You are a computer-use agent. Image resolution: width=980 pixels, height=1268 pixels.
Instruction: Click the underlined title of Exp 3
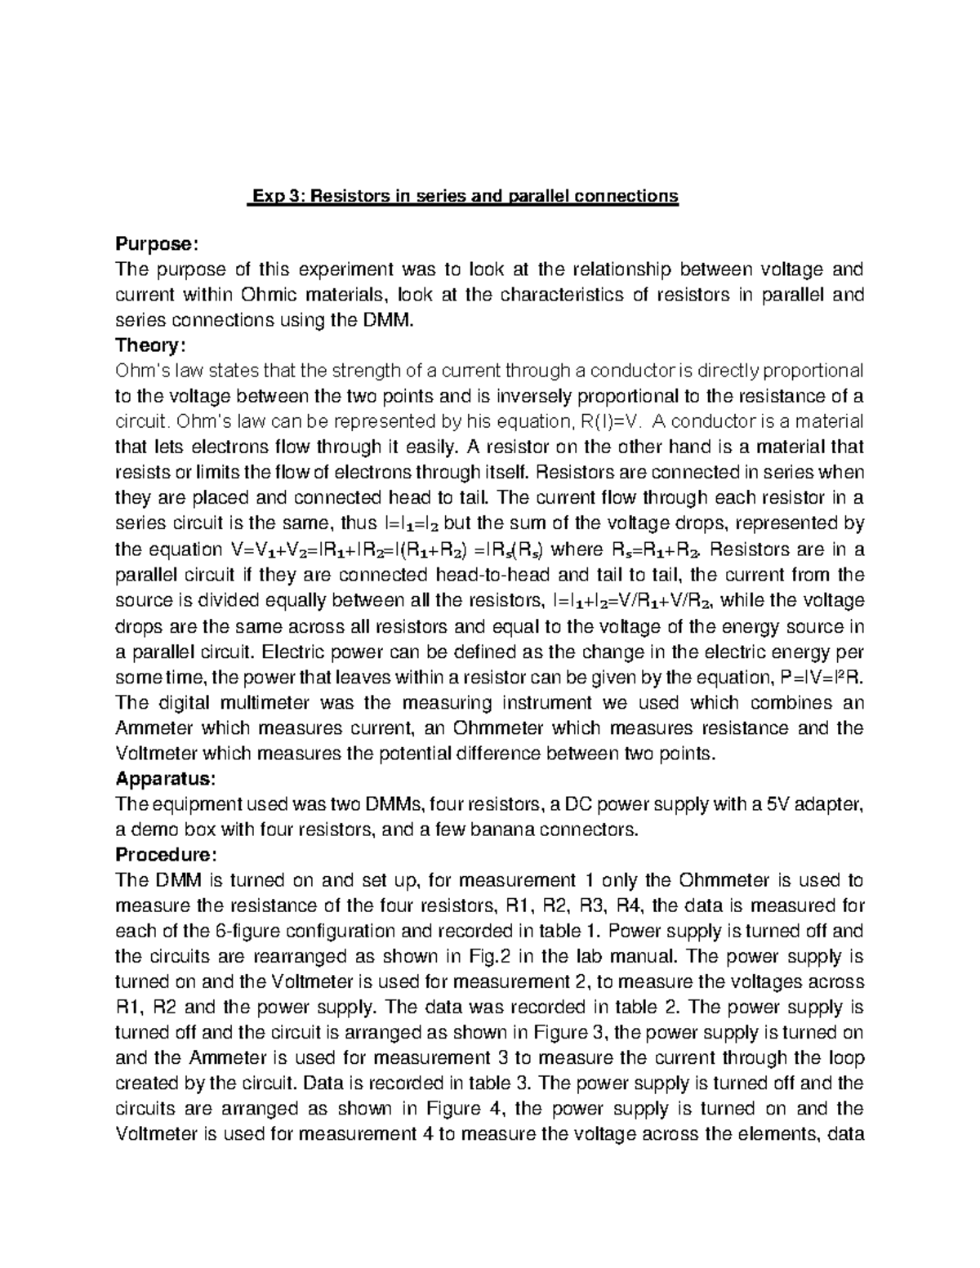point(464,197)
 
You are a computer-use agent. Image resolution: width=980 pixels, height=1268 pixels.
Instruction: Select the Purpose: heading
point(156,244)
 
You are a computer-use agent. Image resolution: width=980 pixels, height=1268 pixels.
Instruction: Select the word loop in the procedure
point(847,1058)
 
